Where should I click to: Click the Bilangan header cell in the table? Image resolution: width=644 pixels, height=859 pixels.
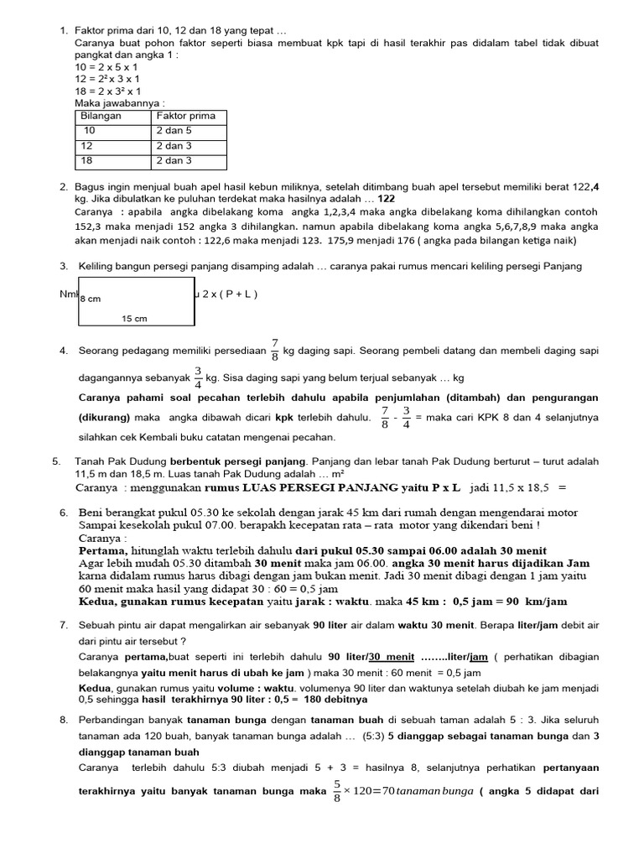[101, 116]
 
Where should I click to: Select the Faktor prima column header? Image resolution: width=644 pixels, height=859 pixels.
[185, 116]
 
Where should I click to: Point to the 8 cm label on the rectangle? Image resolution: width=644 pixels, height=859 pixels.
[91, 298]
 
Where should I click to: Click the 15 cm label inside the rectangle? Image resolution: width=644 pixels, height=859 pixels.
[134, 318]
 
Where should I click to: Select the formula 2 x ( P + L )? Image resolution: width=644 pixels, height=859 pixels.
[230, 294]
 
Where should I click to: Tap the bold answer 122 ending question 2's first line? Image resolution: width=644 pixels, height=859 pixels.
[386, 199]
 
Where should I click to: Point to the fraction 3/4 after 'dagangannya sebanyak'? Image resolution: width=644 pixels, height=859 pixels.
[198, 377]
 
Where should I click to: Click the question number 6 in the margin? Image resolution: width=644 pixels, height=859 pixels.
[64, 512]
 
